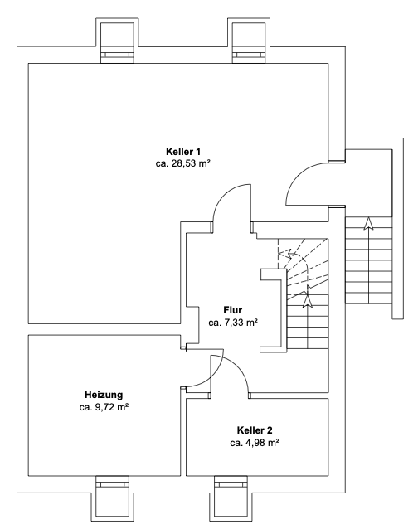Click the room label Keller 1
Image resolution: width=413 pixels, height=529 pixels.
[183, 151]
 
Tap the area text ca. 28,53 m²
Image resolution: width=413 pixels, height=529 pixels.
[183, 163]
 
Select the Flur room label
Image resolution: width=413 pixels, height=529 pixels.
[233, 310]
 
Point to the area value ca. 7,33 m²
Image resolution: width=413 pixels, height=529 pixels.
[233, 323]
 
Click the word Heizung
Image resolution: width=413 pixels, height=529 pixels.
[104, 395]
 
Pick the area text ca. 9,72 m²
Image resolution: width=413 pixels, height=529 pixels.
[104, 407]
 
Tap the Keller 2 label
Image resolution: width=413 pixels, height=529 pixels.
[255, 430]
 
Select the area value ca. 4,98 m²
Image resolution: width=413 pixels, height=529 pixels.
[255, 443]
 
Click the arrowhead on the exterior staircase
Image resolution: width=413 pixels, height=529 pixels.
[368, 223]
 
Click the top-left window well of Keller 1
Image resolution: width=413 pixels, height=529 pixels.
[118, 41]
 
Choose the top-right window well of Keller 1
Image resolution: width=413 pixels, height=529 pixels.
[249, 41]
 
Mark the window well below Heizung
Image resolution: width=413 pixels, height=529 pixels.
[112, 498]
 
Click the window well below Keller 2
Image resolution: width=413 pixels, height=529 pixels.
[231, 498]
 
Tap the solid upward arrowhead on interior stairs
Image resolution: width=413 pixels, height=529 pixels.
[308, 301]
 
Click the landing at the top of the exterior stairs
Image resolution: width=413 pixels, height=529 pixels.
[368, 183]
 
